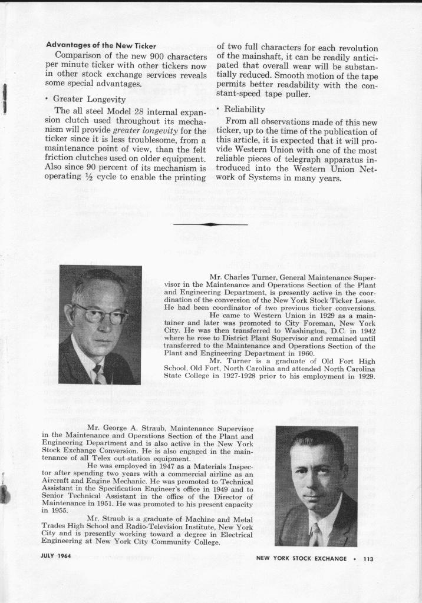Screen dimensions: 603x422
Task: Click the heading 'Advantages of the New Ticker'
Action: click(101, 46)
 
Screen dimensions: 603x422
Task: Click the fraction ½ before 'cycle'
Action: click(83, 178)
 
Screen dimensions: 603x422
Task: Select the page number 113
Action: click(369, 559)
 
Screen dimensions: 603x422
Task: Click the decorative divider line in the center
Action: click(210, 224)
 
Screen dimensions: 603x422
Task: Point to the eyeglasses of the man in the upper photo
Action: click(100, 314)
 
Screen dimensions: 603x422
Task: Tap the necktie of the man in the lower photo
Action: click(315, 534)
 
